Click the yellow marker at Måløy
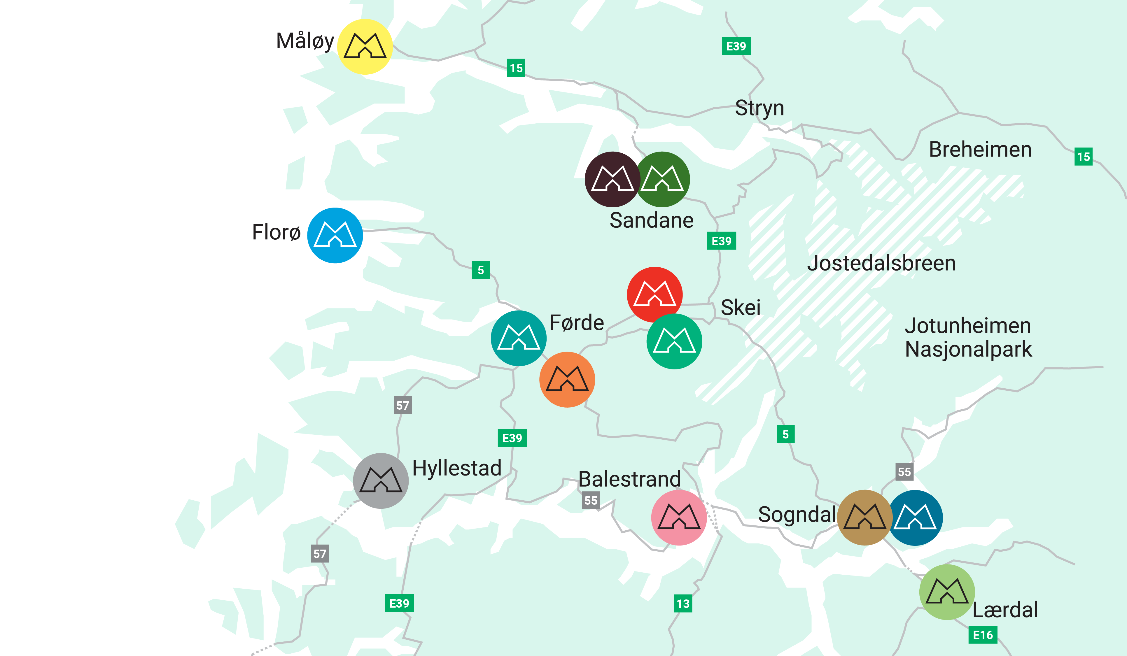coord(365,47)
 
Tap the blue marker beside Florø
coord(335,235)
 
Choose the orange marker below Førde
coord(567,380)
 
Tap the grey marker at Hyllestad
coord(381,481)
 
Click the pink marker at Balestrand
coord(679,518)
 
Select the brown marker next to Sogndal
coord(864,518)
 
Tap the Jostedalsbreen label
coord(881,263)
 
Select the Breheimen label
coord(980,149)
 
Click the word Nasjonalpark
coord(968,349)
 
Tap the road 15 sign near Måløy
coord(516,68)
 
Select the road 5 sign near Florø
coord(481,270)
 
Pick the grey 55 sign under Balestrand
coord(591,500)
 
